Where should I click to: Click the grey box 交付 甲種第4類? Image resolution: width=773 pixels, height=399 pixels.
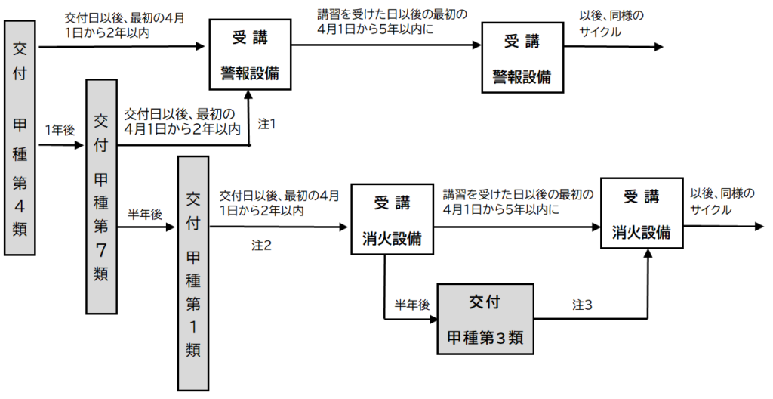coord(20,138)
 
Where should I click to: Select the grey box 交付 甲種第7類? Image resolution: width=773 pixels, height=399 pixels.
coord(102,196)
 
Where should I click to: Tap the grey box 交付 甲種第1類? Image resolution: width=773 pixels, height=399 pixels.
coord(193,274)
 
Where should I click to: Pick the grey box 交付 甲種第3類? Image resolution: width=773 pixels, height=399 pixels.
coord(485,319)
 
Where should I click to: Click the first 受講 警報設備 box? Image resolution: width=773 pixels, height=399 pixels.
coord(250,54)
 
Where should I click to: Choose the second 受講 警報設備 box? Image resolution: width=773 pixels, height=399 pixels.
coord(522,57)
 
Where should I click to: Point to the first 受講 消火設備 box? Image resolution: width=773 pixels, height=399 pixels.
coord(392,219)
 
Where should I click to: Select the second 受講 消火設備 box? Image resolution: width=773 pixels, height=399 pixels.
coord(642,213)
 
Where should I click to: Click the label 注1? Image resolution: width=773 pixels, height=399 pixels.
coord(266,125)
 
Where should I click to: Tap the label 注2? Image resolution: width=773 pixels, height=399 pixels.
coord(262,246)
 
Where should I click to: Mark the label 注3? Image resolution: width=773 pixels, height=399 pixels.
coord(582,305)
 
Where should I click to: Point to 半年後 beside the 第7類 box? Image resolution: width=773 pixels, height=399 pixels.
coord(145,215)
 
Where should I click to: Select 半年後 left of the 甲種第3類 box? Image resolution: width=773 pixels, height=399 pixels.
coord(412,305)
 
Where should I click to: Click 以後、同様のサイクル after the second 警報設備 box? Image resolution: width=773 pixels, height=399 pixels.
coord(611,23)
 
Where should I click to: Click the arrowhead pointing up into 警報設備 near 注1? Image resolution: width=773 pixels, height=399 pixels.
coord(248,94)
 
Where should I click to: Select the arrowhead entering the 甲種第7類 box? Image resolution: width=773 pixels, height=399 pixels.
coord(79,145)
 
